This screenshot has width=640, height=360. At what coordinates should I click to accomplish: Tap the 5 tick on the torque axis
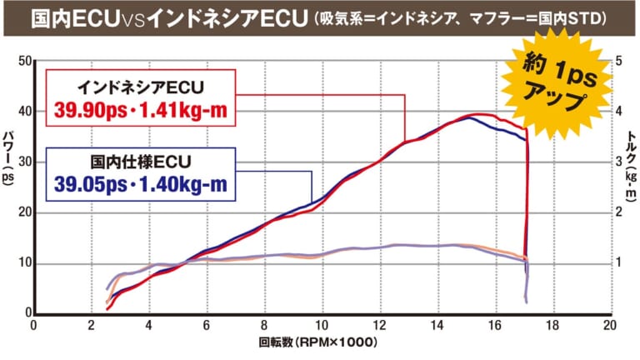pyautogui.click(x=617, y=61)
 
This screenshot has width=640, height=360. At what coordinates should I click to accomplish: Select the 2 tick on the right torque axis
pyautogui.click(x=617, y=212)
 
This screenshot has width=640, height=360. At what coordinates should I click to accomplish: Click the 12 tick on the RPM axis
pyautogui.click(x=379, y=326)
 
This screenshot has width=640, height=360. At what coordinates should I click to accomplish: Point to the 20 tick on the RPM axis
pyautogui.click(x=610, y=326)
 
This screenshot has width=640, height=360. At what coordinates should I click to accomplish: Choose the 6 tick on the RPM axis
pyautogui.click(x=206, y=326)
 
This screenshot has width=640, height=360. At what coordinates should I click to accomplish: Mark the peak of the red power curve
pyautogui.click(x=479, y=114)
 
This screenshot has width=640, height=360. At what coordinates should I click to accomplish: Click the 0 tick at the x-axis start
pyautogui.click(x=32, y=326)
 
